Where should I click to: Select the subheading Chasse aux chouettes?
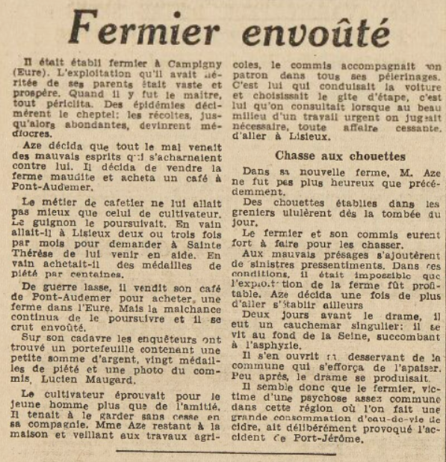click(340, 156)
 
